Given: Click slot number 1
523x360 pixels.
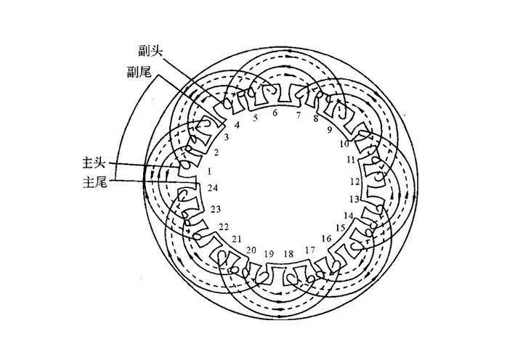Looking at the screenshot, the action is [209, 171].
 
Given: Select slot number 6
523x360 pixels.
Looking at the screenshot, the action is [275, 112].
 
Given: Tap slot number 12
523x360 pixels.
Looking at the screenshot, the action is [355, 181].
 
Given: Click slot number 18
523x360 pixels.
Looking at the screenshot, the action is [288, 254].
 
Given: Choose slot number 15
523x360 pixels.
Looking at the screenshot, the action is [340, 227].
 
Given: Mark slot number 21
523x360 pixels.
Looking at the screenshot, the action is [237, 239].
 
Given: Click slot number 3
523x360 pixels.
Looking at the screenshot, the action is [227, 136].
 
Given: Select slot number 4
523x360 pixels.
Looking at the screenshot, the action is [237, 124].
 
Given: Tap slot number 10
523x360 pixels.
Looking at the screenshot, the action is [344, 144].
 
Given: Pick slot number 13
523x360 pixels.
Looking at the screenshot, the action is [354, 198].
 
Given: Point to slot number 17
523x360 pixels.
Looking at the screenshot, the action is [310, 250].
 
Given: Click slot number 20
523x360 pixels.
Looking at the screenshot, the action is [251, 250].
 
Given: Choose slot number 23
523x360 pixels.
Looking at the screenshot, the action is [216, 209].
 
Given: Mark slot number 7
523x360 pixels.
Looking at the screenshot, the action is [298, 115].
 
